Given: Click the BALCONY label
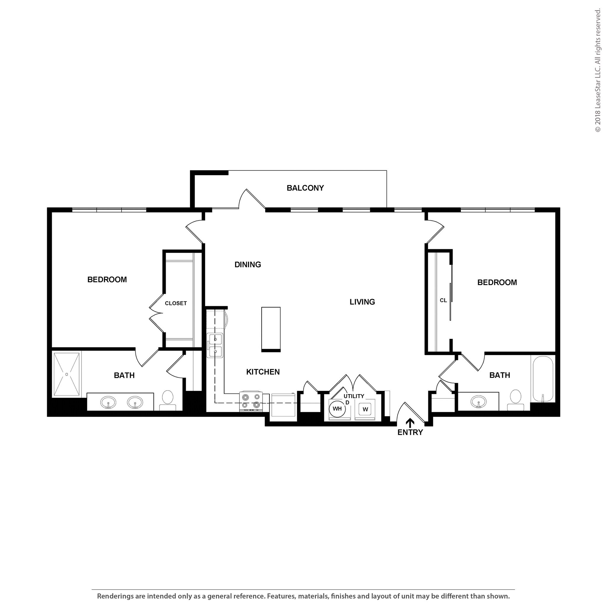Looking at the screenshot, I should point(305,188).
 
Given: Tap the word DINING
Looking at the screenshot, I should point(247,265).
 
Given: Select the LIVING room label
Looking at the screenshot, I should point(362,302).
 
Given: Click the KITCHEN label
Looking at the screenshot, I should point(263,372).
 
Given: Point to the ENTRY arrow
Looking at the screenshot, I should point(410,423).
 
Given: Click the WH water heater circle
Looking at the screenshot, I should point(337,409).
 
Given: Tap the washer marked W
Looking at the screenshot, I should point(365,409).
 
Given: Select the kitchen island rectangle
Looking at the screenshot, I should point(271,329).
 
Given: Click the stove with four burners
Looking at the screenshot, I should point(251,401).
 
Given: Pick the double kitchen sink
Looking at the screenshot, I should point(215,346).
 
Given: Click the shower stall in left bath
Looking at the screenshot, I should point(66,374).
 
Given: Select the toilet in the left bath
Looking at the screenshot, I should point(167,400).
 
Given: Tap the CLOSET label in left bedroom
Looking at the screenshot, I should point(176,303).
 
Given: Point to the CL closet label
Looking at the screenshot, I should point(443,300).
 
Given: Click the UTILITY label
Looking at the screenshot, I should point(354,396).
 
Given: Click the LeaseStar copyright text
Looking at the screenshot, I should point(598,71).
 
